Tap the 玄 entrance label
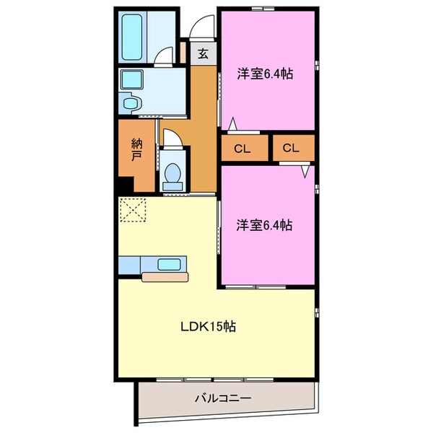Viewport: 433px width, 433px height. click(x=204, y=53)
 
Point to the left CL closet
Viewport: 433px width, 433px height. click(x=242, y=149)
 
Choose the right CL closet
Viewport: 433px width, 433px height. click(x=292, y=149)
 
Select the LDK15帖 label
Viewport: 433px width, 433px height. click(x=208, y=326)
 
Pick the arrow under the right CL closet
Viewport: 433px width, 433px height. click(x=306, y=172)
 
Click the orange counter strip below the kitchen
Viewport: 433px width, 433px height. click(x=165, y=276)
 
